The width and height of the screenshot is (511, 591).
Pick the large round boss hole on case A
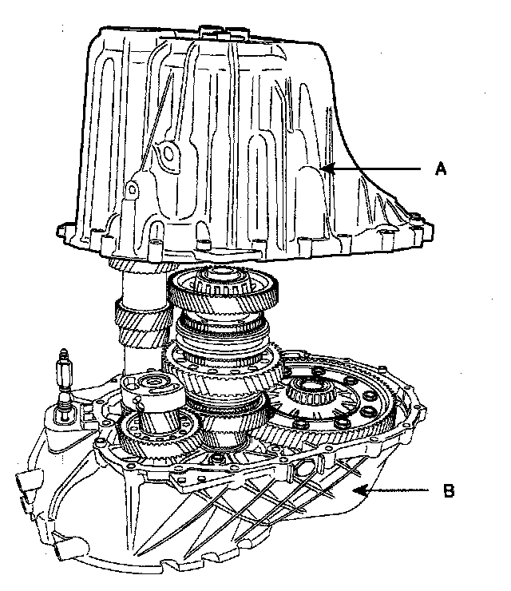click(167, 153)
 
